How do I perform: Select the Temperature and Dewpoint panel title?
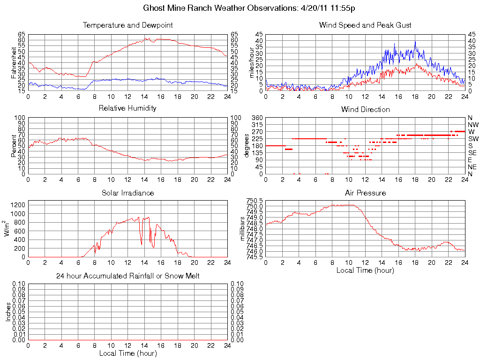(x=127, y=25)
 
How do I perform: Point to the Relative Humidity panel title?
(x=127, y=108)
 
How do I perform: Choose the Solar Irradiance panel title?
(x=127, y=193)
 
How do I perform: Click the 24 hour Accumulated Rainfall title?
(x=127, y=276)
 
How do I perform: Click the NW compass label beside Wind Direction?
(x=473, y=125)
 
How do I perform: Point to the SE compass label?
(x=472, y=153)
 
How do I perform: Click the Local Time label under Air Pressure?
(x=365, y=270)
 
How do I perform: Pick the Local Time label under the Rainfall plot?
(x=127, y=353)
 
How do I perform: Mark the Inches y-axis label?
(x=8, y=311)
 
